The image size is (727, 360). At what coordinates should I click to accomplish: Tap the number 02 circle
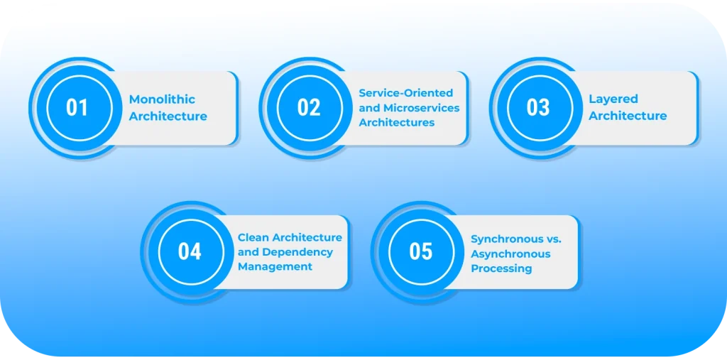[x=309, y=108]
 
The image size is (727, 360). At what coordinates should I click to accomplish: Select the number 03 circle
[x=538, y=108]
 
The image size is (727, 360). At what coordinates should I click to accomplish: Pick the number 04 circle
[x=190, y=252]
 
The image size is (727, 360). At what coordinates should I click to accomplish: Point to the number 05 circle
[x=420, y=252]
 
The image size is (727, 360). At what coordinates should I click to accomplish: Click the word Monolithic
[x=162, y=99]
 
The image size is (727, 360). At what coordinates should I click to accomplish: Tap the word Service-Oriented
[x=405, y=93]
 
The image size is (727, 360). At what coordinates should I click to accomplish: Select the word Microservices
[x=422, y=108]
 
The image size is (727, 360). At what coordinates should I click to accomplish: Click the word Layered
[x=613, y=99]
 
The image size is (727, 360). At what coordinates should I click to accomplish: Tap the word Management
[x=275, y=267]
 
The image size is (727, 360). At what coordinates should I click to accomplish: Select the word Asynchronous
[x=510, y=254]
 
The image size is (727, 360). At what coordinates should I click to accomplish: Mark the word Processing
[x=501, y=269]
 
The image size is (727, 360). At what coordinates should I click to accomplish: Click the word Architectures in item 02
[x=396, y=123]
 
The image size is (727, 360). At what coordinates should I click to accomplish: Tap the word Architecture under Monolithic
[x=168, y=116]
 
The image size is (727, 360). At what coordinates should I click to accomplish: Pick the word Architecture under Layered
[x=628, y=116]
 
